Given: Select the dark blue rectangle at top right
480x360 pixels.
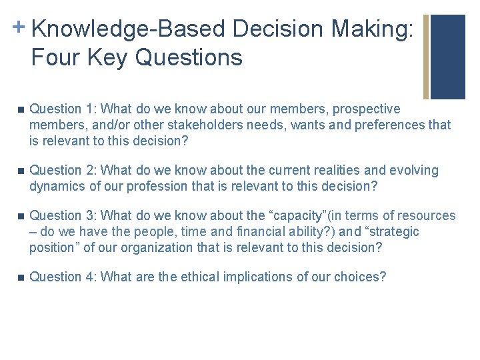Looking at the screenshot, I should pyautogui.click(x=448, y=57).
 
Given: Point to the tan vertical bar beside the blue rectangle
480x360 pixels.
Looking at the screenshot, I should pyautogui.click(x=426, y=57).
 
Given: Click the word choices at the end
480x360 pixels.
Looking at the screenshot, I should pyautogui.click(x=360, y=277).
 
